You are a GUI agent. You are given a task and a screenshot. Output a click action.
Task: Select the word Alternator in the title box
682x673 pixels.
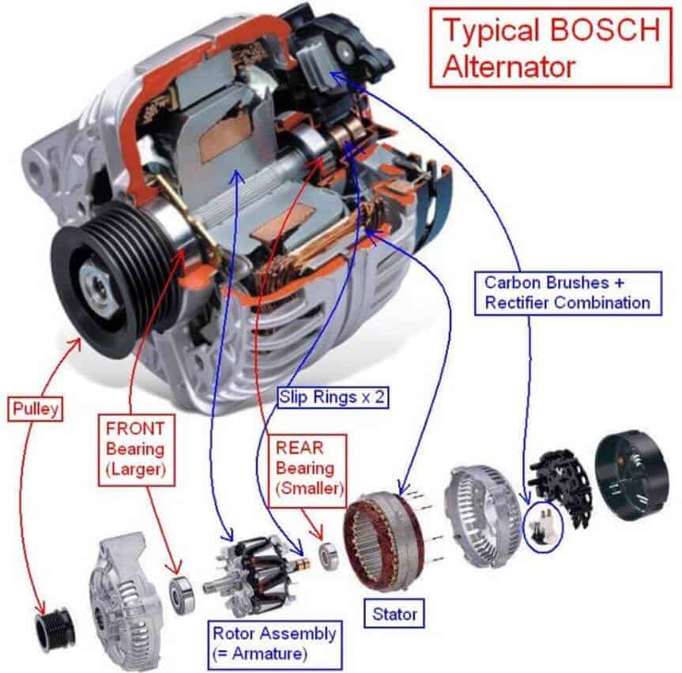pos(508,66)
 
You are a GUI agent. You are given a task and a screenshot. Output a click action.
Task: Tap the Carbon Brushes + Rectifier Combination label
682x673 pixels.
pos(567,291)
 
